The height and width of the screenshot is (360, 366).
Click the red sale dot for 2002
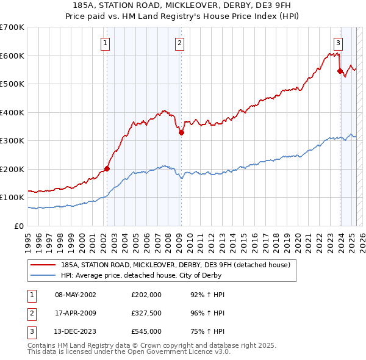click(x=107, y=168)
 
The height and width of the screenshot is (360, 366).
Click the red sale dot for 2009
click(x=181, y=133)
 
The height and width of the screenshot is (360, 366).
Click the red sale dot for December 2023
click(x=340, y=71)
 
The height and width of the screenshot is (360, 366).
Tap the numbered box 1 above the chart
click(x=106, y=43)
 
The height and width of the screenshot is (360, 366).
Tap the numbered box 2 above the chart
click(x=180, y=43)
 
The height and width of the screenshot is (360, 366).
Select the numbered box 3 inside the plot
click(x=338, y=43)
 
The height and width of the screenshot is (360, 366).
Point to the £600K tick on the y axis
click(x=12, y=56)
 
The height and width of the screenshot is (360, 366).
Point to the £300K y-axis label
click(x=12, y=140)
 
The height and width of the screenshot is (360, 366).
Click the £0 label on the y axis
click(x=18, y=226)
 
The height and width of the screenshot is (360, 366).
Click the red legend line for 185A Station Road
click(x=43, y=265)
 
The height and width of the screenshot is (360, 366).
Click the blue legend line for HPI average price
click(x=43, y=276)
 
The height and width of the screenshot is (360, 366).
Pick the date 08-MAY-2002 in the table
click(x=76, y=295)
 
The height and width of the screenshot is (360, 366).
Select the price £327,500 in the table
click(x=146, y=314)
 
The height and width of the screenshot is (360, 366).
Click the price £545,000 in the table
click(x=146, y=333)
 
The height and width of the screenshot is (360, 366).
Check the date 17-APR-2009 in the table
click(x=76, y=314)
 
